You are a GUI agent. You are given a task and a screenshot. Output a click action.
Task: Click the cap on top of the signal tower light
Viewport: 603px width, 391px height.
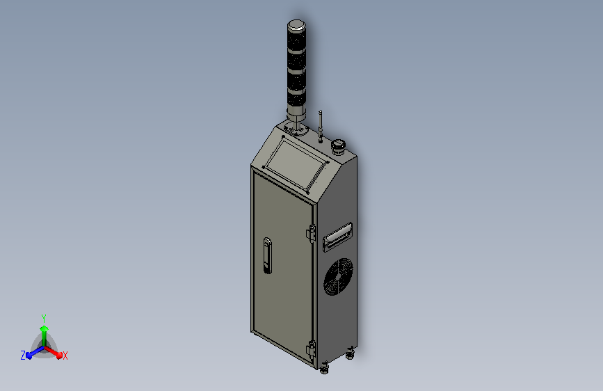click(x=296, y=25)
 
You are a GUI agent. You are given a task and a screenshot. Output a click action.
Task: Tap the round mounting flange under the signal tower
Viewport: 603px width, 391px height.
click(x=296, y=129)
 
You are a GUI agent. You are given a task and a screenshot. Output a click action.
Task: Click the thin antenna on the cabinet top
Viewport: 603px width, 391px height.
click(x=321, y=125)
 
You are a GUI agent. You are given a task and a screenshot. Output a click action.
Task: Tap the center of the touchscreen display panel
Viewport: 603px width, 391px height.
click(x=296, y=164)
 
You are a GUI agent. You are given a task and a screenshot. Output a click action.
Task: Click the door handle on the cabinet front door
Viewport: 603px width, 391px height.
click(x=267, y=256)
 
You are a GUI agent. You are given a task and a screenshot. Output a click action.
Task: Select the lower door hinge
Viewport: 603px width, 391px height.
click(x=311, y=350)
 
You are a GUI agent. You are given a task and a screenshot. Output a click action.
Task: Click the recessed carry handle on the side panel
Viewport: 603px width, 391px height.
click(x=337, y=237)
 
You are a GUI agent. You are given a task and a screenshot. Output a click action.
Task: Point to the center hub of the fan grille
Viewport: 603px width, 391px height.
click(x=338, y=277)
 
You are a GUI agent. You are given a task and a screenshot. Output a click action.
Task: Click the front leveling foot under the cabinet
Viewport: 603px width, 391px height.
click(x=324, y=368)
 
